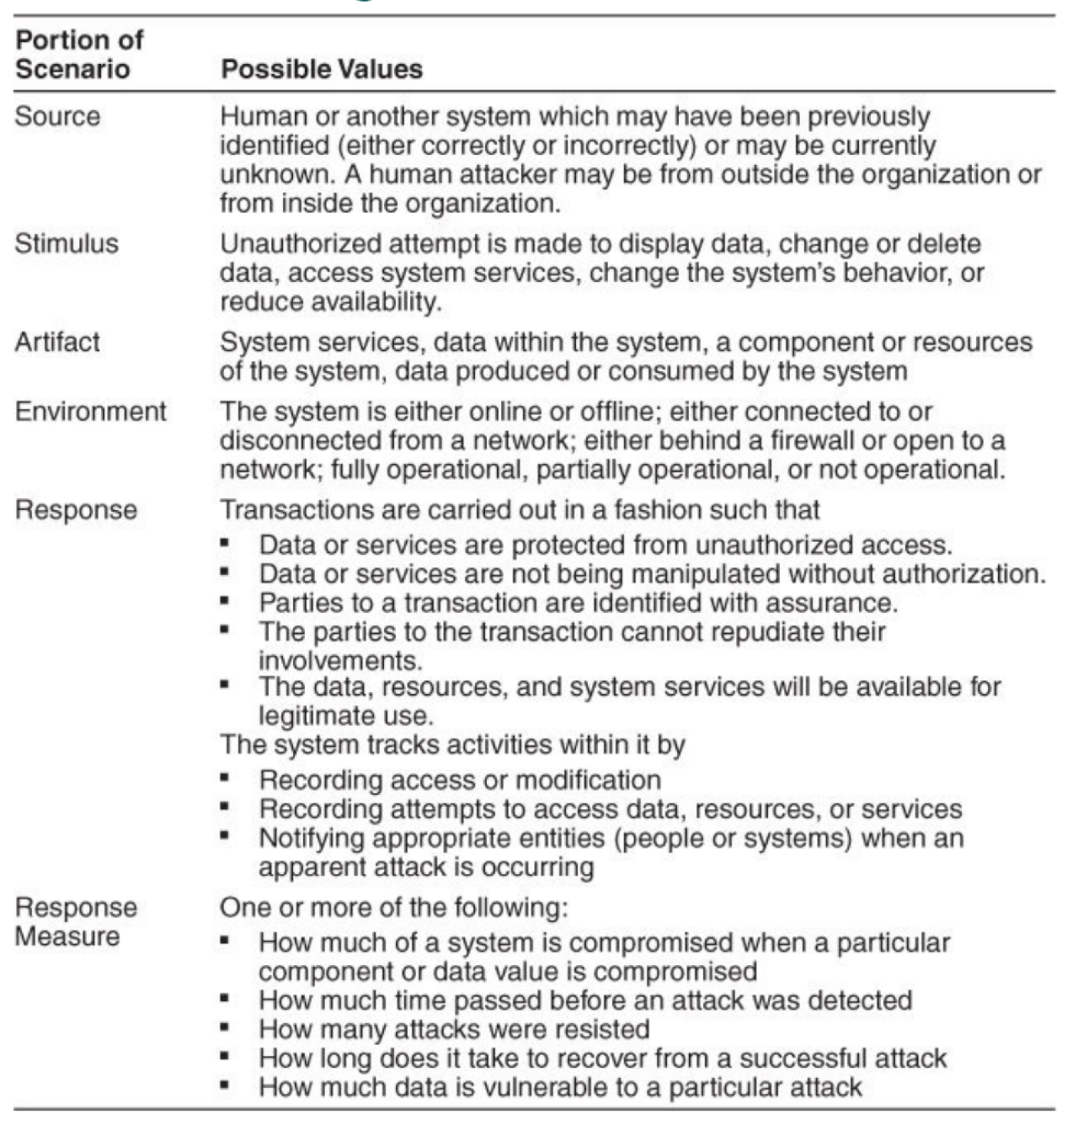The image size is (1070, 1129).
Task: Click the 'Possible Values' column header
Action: coord(321,69)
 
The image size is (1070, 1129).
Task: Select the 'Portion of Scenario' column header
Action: coord(79,55)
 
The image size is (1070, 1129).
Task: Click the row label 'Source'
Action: coord(58,117)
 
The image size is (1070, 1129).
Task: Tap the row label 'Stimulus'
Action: coord(67,244)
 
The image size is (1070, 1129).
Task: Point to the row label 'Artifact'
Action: coord(58,342)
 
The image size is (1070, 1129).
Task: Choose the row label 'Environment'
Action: coord(91,411)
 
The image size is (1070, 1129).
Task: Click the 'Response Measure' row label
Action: coord(76,922)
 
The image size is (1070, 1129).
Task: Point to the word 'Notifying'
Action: coord(311,838)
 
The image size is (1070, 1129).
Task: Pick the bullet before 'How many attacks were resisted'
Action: coord(225,1027)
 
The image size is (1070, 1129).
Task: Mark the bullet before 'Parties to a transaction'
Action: coord(225,601)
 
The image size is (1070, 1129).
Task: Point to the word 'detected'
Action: coord(860,1000)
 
